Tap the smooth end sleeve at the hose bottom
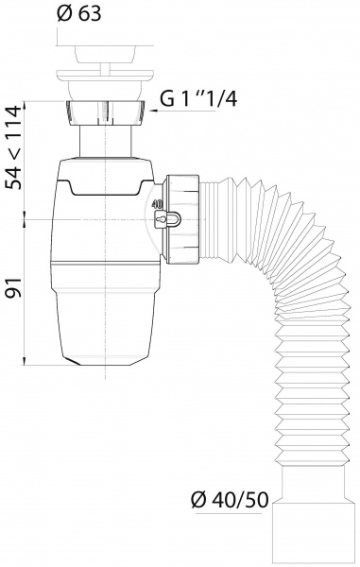304,539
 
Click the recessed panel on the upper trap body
104,186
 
